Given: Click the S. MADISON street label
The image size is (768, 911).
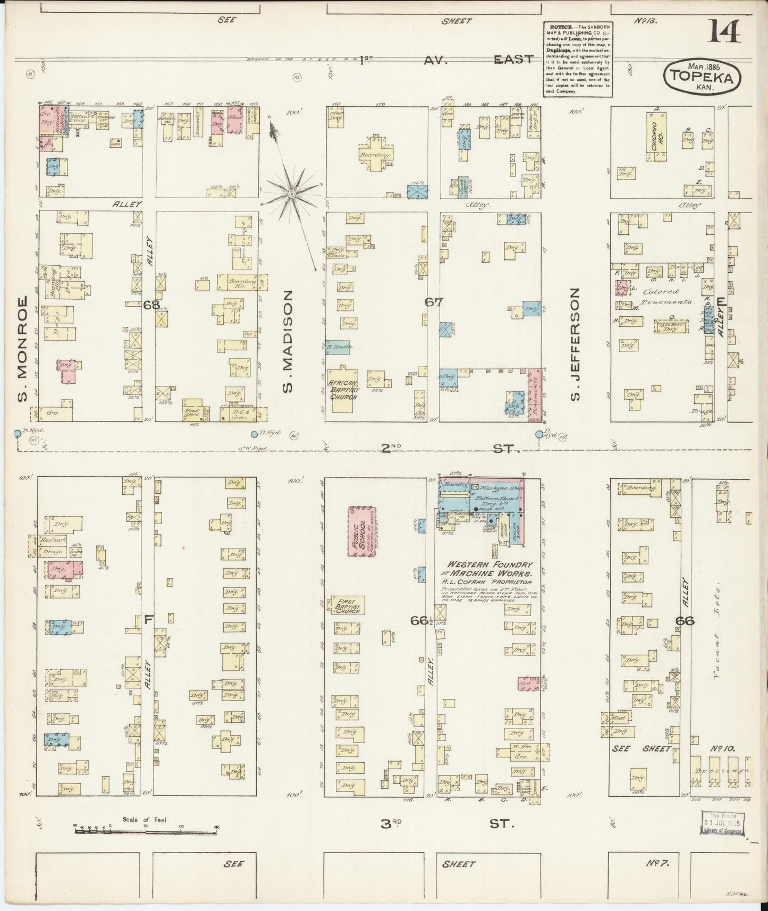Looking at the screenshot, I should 288,341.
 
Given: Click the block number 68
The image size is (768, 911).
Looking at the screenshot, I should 151,305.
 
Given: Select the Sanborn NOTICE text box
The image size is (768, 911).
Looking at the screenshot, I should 577,59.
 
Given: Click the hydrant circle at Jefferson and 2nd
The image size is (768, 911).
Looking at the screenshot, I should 539,434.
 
